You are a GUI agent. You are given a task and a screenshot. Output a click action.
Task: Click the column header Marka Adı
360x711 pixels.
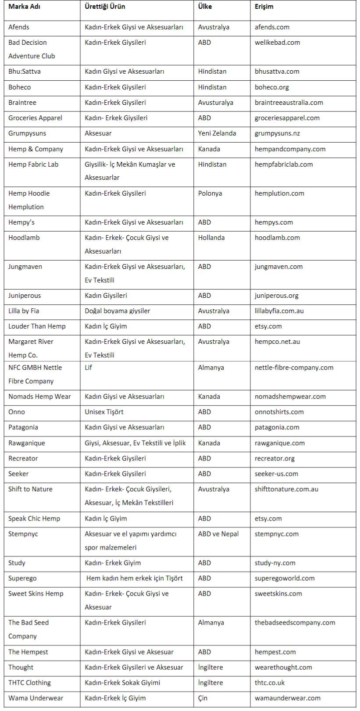tap(25, 7)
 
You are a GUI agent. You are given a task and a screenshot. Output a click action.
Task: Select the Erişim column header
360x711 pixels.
tap(264, 7)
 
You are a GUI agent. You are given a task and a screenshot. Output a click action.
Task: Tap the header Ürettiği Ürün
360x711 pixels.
tap(105, 7)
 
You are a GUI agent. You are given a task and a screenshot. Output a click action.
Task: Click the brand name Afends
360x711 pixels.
tap(19, 27)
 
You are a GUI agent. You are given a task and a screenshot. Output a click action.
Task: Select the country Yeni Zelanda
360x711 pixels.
tap(217, 133)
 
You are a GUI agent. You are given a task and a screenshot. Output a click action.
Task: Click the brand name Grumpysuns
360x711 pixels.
tap(27, 133)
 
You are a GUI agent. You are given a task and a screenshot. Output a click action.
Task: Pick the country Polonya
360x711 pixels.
tap(210, 193)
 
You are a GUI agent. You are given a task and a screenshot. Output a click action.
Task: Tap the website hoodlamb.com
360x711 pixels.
tap(277, 238)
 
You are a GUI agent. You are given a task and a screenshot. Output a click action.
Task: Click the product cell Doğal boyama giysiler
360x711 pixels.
tap(118, 311)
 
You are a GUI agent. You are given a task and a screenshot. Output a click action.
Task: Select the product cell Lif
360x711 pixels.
tap(89, 368)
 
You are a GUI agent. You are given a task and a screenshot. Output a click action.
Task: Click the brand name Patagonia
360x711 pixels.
tap(23, 427)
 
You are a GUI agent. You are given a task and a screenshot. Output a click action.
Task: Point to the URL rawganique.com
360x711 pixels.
tap(280, 443)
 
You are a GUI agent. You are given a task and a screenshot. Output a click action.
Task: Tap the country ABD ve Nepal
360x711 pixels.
tap(218, 534)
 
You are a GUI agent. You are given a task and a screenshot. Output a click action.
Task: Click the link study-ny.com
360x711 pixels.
tap(275, 563)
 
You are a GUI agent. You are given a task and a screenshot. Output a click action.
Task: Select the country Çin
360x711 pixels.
tap(203, 698)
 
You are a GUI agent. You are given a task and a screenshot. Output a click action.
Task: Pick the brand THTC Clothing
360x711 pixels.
tap(29, 682)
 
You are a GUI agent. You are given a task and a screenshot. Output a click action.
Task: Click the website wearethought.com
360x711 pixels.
tap(283, 667)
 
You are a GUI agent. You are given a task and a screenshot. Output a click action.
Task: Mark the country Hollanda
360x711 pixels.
tap(211, 238)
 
